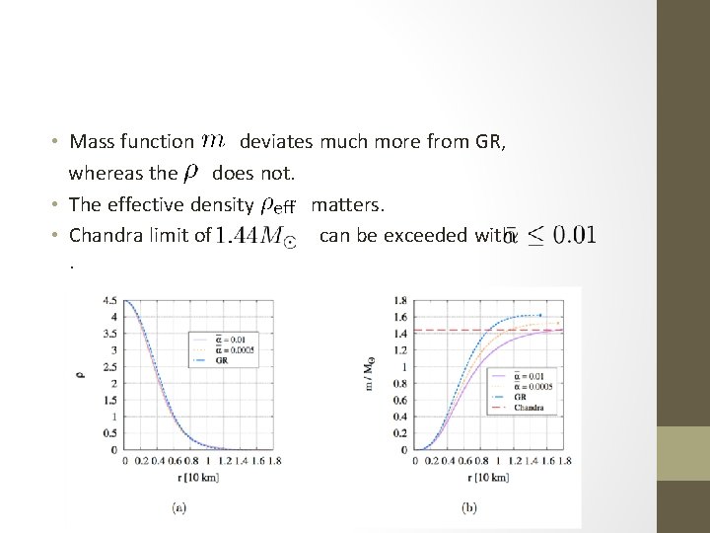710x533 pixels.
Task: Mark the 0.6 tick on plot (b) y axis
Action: click(398, 400)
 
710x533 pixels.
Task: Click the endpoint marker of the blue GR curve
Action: click(538, 315)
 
